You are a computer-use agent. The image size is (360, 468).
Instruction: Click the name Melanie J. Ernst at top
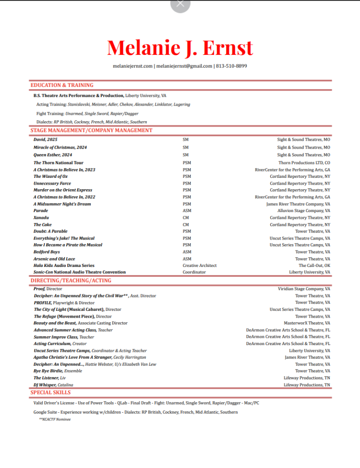click(180, 48)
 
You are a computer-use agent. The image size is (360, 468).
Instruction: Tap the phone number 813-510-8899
click(232, 66)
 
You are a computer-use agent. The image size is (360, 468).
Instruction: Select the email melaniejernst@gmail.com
click(184, 66)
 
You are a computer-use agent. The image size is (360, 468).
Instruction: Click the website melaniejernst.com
click(132, 66)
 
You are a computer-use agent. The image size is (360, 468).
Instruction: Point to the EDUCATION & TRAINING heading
click(62, 85)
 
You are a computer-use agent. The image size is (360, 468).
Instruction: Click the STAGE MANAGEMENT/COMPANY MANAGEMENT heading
click(91, 130)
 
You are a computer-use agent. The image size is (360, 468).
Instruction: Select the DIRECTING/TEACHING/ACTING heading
click(71, 280)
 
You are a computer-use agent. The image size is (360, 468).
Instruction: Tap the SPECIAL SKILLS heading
click(51, 392)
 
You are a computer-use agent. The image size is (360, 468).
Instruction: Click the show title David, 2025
click(46, 139)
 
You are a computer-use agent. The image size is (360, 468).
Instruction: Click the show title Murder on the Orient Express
click(63, 190)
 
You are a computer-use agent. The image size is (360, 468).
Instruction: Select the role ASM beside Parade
click(187, 211)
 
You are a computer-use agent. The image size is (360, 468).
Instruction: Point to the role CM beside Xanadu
click(185, 218)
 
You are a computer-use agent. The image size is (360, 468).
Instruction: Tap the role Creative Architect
click(200, 265)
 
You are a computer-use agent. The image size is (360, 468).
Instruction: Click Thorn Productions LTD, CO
click(304, 163)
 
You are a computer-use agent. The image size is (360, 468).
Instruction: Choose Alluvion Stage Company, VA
click(304, 211)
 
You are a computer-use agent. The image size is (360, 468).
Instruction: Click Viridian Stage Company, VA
click(304, 289)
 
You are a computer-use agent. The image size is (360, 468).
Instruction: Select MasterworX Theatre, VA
click(307, 323)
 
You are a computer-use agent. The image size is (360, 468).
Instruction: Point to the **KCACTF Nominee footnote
click(55, 419)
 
